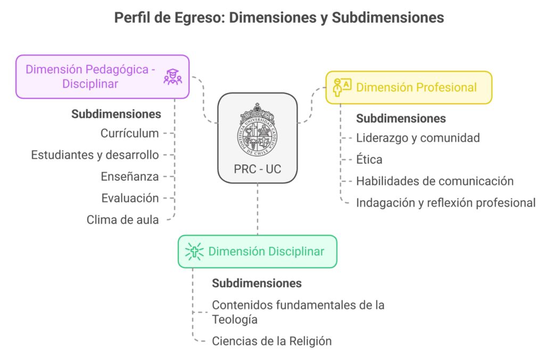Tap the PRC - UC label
257,169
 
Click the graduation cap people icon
172,77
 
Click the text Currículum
130,133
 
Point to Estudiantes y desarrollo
95,155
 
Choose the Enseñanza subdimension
130,177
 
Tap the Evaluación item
130,198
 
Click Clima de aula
123,219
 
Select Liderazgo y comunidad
418,138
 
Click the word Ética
369,159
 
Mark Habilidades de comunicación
434,181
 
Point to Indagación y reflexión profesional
445,203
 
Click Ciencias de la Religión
271,341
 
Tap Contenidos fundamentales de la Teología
298,312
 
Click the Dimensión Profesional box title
416,87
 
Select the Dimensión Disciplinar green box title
266,252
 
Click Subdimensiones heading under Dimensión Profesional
400,118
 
